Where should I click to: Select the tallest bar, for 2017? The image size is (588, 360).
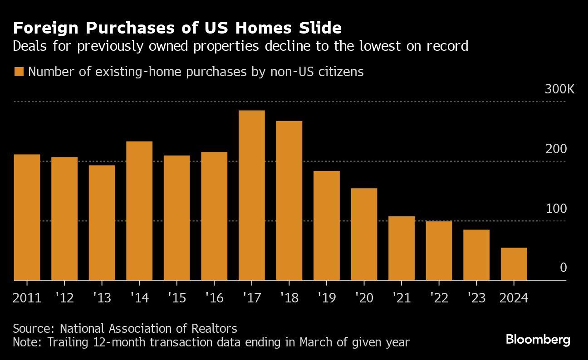pyautogui.click(x=251, y=195)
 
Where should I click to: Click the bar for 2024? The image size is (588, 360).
pyautogui.click(x=514, y=264)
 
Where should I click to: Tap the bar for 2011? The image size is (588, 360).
pyautogui.click(x=27, y=217)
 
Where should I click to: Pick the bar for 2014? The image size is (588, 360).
pyautogui.click(x=139, y=211)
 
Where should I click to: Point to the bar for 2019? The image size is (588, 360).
pyautogui.click(x=326, y=225)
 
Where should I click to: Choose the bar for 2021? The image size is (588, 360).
pyautogui.click(x=402, y=248)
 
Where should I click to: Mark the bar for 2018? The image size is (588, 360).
pyautogui.click(x=289, y=200)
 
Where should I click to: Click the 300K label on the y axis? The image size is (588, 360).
pyautogui.click(x=559, y=89)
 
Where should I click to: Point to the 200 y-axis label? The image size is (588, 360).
pyautogui.click(x=557, y=149)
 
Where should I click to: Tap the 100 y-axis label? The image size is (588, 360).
pyautogui.click(x=557, y=209)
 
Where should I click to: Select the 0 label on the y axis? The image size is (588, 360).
pyautogui.click(x=563, y=268)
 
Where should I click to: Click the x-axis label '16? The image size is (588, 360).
pyautogui.click(x=214, y=298)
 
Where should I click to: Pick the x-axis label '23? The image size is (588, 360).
pyautogui.click(x=476, y=298)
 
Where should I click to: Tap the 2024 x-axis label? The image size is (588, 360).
pyautogui.click(x=513, y=298)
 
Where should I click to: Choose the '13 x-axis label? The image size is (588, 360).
pyautogui.click(x=102, y=298)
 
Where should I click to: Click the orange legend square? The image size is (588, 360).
pyautogui.click(x=19, y=72)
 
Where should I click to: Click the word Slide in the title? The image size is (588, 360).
pyautogui.click(x=318, y=28)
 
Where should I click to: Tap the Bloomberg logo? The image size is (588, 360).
pyautogui.click(x=538, y=340)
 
